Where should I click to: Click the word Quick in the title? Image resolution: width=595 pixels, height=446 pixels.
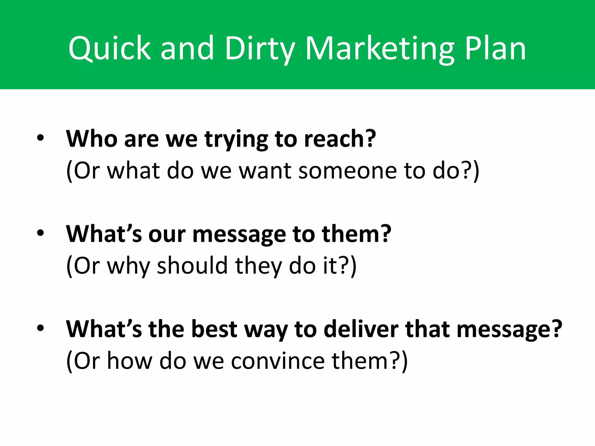coord(110,48)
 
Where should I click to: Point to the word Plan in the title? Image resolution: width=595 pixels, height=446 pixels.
coord(495,48)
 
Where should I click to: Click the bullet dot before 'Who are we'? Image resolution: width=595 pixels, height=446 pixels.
coord(40,139)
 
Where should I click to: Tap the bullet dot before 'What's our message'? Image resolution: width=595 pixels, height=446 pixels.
coord(40,233)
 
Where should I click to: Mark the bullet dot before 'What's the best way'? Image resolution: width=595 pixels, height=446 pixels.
coord(40,328)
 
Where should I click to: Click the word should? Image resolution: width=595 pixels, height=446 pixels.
coord(192,265)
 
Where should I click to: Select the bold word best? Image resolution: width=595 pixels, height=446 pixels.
coord(214,329)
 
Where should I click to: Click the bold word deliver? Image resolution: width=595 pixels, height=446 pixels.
coord(361,329)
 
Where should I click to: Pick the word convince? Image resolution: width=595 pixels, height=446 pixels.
coord(278,361)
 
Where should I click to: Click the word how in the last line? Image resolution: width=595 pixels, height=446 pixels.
coord(130,361)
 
